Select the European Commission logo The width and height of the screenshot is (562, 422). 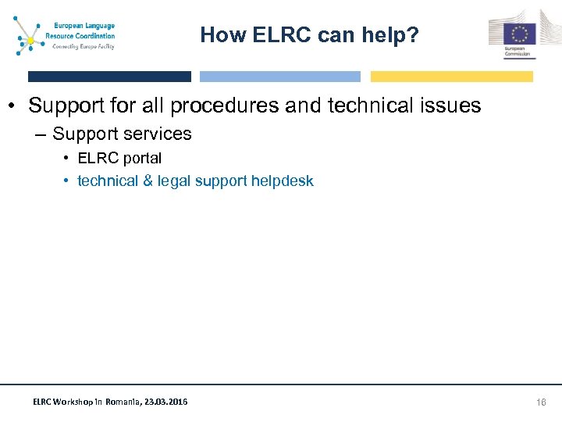pos(513,34)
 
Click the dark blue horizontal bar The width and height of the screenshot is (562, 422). pos(109,77)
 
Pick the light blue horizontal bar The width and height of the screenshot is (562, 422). pos(280,77)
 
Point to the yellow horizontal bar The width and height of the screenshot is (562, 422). pos(451,77)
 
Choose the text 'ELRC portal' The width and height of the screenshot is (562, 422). pos(119,158)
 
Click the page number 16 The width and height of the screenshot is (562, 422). pos(541,402)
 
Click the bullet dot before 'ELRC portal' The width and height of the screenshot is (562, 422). pos(66,159)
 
